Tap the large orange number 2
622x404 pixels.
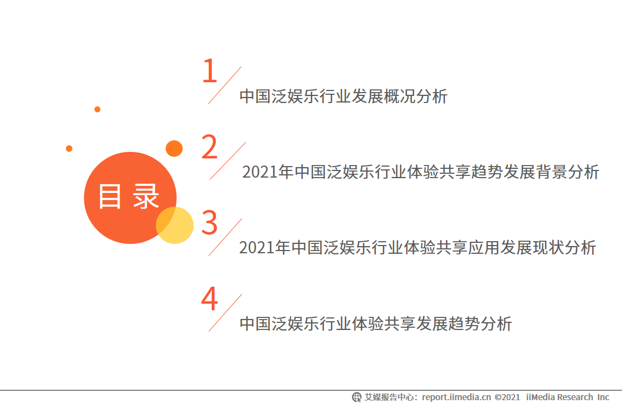pos(210,147)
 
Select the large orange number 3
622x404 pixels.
pos(210,223)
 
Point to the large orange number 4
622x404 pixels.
pos(210,299)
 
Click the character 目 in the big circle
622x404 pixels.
pos(110,196)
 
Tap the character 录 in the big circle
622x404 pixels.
pos(146,196)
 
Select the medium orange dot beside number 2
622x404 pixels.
pos(174,148)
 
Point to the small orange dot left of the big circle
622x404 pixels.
pos(69,149)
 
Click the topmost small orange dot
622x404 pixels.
pos(97,109)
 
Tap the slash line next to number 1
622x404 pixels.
pos(224,86)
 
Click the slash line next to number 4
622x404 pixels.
pos(225,312)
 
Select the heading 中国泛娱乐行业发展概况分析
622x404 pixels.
pos(343,96)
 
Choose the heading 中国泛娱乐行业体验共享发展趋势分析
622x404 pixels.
pos(376,323)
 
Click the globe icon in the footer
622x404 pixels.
pos(357,397)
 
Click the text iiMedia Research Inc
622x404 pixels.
pos(568,397)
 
